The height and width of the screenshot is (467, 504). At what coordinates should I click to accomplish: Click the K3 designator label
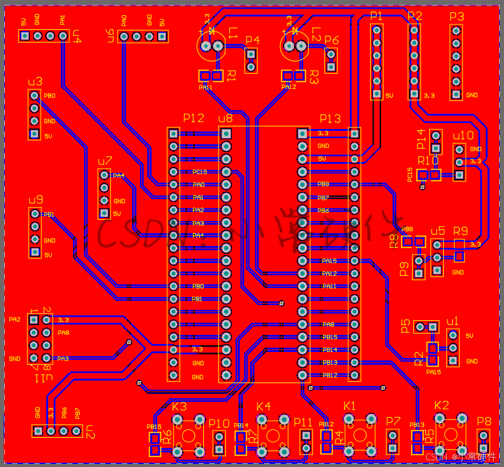tap(180, 406)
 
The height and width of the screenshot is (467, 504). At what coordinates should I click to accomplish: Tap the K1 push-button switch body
tap(360, 434)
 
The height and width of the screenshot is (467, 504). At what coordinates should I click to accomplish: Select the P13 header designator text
tap(331, 119)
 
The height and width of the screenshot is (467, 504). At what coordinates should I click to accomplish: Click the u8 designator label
tap(225, 119)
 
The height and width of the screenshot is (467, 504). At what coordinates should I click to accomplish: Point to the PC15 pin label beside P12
tap(200, 172)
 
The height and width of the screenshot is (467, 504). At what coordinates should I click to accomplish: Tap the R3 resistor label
tap(314, 77)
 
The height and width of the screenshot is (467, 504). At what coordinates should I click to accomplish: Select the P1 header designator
tap(376, 16)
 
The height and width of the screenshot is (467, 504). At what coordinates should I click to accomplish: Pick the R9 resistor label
tap(461, 231)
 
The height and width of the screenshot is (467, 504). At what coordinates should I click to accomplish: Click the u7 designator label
tap(105, 161)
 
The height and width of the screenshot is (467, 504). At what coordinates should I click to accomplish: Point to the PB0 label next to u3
tap(50, 96)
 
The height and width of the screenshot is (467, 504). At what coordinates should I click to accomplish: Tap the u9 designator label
tap(35, 200)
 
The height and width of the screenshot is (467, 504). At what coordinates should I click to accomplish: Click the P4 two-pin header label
tap(252, 40)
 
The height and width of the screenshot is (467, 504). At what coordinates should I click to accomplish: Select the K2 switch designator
tap(441, 406)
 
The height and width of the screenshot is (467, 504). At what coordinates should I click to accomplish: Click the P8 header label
tap(484, 421)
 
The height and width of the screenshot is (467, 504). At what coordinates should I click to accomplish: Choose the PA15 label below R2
tap(433, 372)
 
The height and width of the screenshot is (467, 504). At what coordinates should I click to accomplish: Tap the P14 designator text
tap(421, 139)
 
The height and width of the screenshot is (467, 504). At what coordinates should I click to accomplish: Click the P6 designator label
tap(332, 40)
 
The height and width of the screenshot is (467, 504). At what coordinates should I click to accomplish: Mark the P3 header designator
tap(457, 16)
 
